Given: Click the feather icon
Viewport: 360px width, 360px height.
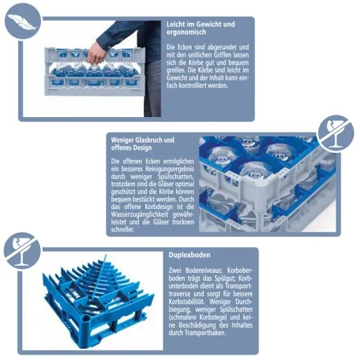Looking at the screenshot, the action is (23, 21).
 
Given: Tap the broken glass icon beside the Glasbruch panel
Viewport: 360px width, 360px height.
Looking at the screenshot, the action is (335, 134).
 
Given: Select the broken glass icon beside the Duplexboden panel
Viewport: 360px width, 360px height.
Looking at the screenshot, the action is (22, 251).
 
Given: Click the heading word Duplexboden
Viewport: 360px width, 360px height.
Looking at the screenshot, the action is (190, 255).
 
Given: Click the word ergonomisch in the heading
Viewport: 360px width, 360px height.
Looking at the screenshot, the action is (186, 32).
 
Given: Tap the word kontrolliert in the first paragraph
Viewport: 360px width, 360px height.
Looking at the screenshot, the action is (189, 86).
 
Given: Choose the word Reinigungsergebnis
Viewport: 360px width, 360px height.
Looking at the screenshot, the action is (170, 169).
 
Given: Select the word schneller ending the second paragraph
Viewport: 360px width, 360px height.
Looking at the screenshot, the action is (123, 230).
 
